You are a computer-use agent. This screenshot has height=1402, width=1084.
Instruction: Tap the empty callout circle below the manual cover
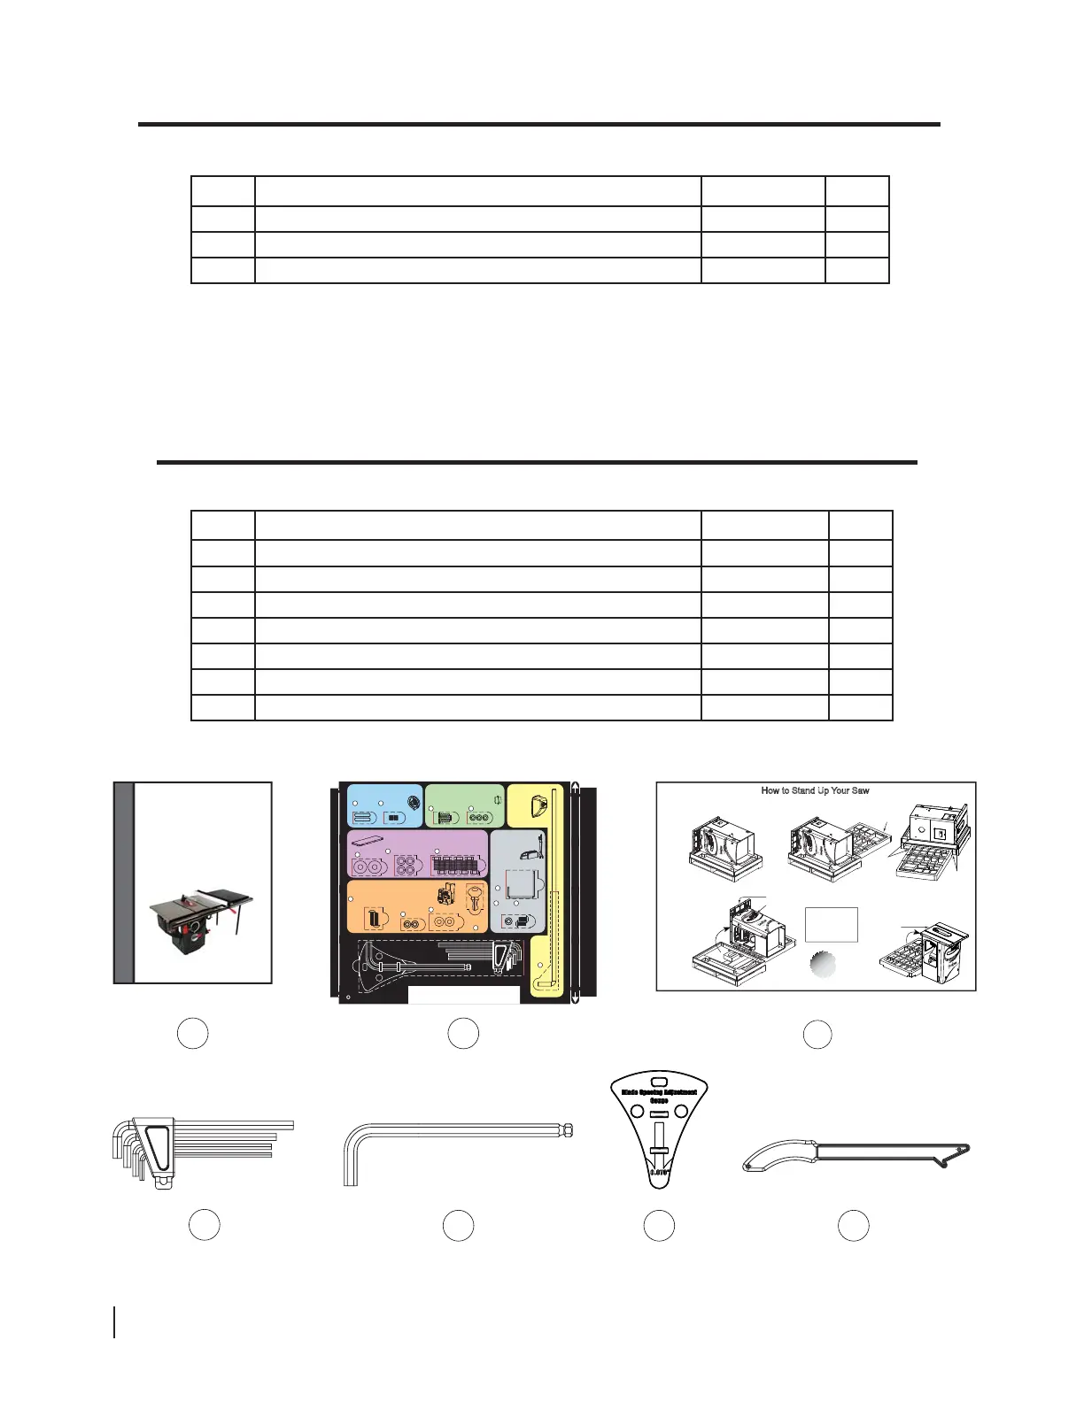[x=192, y=1034]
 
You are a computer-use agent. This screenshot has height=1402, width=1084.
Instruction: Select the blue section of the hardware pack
[x=384, y=805]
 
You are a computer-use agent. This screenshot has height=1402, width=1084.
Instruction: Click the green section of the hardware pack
[x=464, y=805]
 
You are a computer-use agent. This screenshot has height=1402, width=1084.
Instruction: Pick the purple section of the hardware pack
[x=416, y=853]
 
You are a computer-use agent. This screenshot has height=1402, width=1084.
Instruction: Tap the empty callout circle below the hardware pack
[x=463, y=1034]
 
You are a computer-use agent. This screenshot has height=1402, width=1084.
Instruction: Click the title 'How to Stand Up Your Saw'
[x=815, y=790]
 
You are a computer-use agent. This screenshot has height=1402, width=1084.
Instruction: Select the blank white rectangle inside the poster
[x=832, y=924]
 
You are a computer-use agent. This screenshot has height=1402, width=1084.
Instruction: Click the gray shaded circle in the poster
[x=823, y=964]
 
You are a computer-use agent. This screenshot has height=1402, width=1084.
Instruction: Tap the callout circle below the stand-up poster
[x=817, y=1035]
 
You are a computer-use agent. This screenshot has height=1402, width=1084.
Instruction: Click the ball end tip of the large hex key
[x=567, y=1129]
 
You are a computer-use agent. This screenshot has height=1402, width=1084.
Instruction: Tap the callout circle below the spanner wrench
[x=853, y=1226]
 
